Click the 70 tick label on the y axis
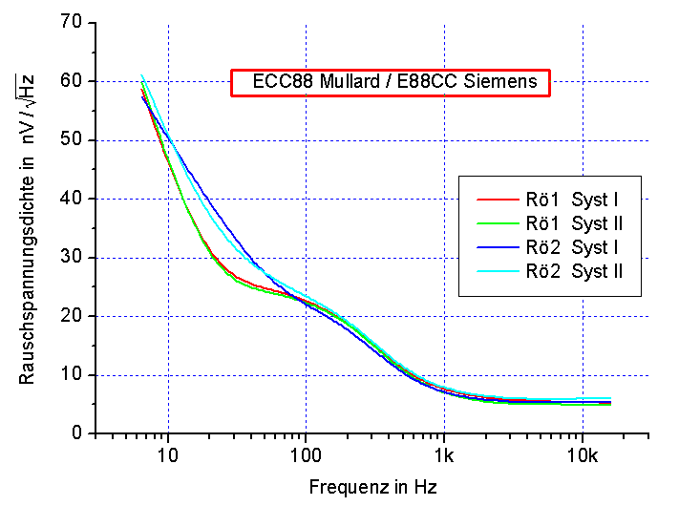71,22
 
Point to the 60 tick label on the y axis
71,81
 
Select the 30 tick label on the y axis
71,258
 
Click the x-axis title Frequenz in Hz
372,487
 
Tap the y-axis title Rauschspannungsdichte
28,229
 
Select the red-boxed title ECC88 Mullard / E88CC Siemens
391,83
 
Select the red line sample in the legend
497,201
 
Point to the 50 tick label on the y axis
71,140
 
